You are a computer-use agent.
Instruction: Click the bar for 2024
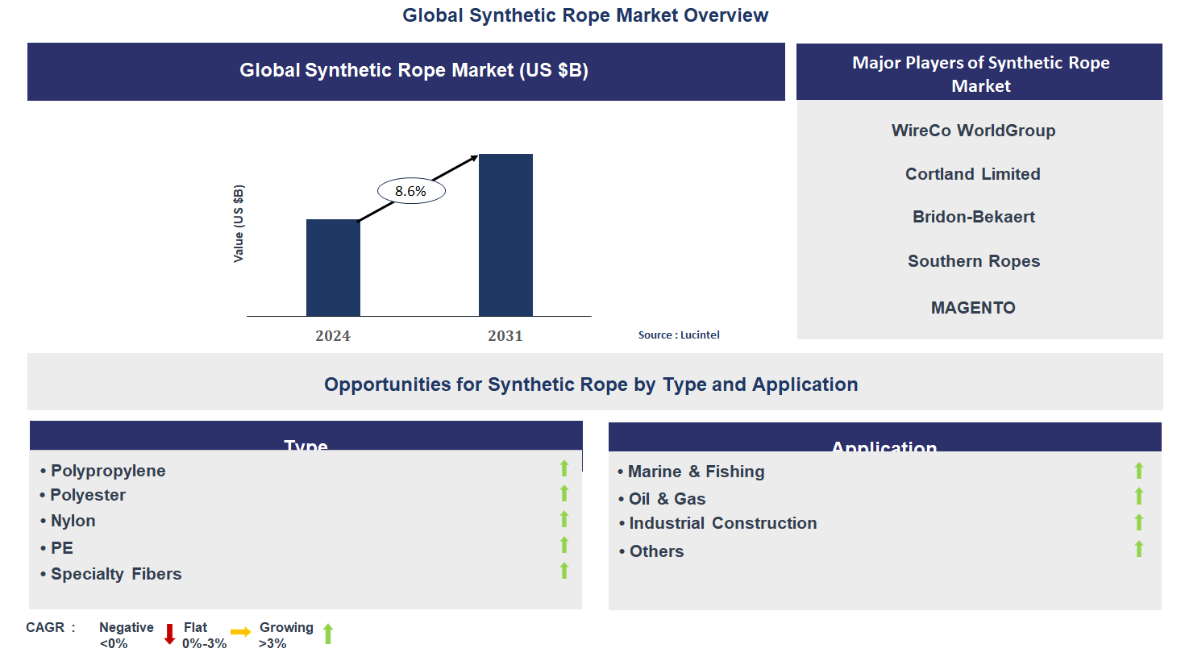pos(333,268)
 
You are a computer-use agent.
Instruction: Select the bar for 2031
pos(505,235)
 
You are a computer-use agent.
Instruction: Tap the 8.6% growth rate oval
pos(411,191)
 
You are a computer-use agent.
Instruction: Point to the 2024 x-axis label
pos(333,336)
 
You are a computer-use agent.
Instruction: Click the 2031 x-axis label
pos(505,336)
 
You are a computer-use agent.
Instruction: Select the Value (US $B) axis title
pos(239,224)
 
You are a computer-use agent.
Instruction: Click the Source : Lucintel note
pos(679,335)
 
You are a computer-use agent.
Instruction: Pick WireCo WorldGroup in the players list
pos(973,131)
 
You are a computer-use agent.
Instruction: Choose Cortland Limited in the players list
pos(972,174)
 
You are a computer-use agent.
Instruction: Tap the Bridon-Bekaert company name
pos(973,217)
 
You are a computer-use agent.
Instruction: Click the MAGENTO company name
pos(973,308)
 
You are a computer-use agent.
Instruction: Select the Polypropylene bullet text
pos(108,471)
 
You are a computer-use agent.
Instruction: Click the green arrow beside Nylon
pos(564,519)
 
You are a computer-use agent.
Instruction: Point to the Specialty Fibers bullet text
pos(116,574)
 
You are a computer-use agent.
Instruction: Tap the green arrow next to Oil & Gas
pos(1139,497)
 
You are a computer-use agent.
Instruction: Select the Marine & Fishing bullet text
pos(696,472)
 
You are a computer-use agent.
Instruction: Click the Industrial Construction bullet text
pos(722,523)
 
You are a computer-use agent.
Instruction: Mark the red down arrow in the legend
pos(169,634)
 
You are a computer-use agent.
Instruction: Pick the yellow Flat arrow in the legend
pos(240,632)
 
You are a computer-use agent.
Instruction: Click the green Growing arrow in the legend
pos(328,634)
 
